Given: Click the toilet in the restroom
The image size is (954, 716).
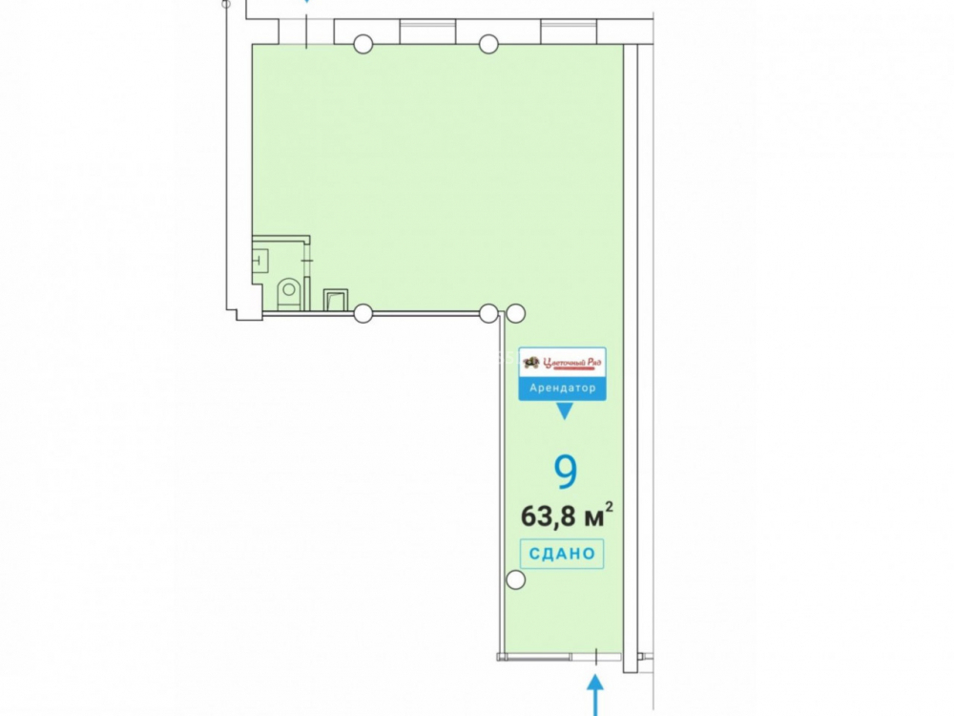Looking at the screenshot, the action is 289,294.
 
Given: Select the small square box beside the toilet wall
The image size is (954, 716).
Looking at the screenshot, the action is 335,300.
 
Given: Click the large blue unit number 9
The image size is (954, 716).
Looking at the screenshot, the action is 566,472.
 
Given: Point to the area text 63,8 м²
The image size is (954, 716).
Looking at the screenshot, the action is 567,516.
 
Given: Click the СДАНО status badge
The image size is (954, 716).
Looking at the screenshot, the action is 562,554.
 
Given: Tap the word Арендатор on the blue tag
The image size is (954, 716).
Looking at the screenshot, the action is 562,388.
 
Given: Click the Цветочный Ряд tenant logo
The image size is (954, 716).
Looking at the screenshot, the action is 562,363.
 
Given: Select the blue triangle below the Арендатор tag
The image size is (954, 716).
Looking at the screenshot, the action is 565,411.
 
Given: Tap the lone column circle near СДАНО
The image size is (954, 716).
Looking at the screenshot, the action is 515,580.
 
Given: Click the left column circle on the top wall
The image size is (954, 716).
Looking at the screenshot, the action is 363,44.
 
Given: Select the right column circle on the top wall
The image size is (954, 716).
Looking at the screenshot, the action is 488,44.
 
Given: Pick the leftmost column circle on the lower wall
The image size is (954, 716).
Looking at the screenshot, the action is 363,313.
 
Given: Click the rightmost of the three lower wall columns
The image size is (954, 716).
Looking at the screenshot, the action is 515,313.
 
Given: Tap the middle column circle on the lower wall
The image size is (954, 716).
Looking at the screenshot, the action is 487,313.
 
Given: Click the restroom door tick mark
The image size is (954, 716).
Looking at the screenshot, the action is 307,261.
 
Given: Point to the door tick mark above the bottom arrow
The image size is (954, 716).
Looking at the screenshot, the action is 596,657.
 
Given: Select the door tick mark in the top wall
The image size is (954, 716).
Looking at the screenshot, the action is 306,32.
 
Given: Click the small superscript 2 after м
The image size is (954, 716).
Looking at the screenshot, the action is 609,507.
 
